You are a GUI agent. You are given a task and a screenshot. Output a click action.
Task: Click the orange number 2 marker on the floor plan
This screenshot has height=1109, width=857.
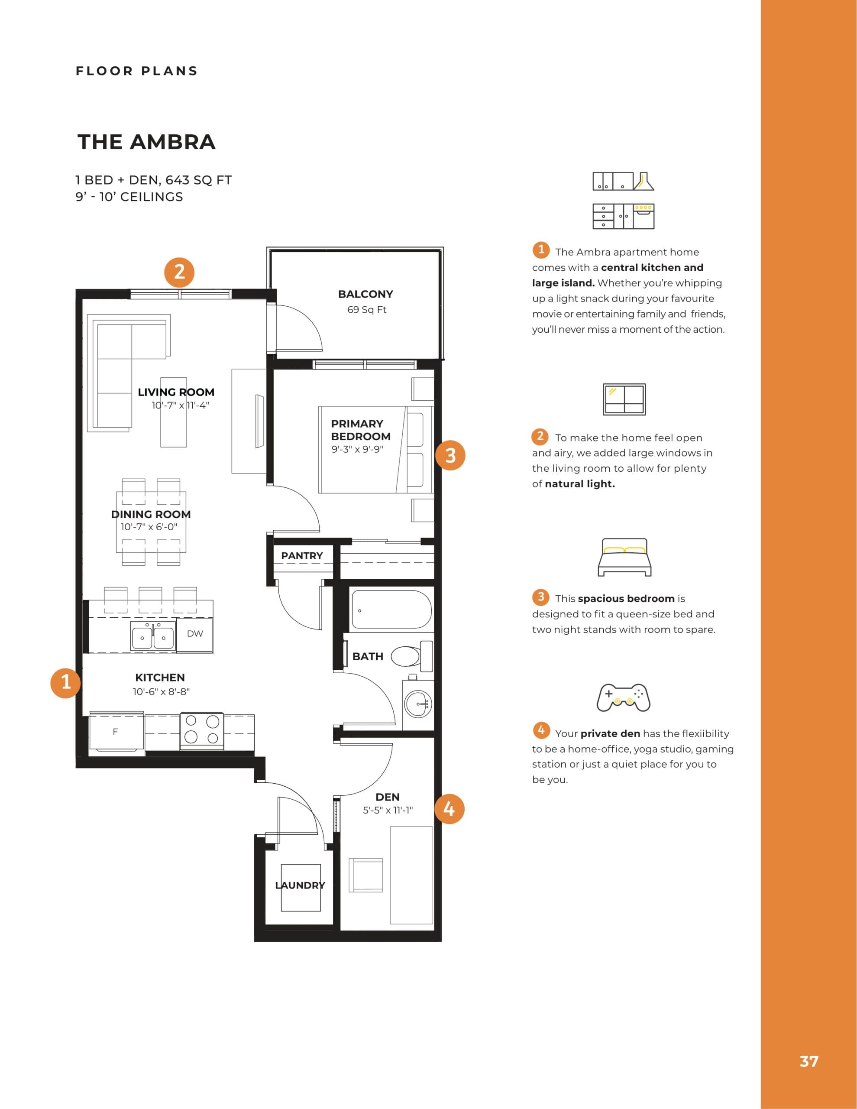pos(179,272)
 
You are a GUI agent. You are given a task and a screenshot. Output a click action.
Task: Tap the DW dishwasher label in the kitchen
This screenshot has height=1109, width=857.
pos(194,634)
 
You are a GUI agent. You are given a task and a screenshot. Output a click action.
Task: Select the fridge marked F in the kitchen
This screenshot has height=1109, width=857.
pos(116,732)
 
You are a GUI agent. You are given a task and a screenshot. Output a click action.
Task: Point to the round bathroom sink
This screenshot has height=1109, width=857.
pos(418,704)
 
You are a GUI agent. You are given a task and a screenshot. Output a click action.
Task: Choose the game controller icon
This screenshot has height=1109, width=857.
pos(624,697)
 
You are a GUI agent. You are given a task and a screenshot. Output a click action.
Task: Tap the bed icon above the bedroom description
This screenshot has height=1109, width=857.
pos(624,557)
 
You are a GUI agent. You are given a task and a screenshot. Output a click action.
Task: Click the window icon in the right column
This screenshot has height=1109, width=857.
pos(624,399)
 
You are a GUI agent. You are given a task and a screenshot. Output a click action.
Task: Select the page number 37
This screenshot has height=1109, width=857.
pos(809,1061)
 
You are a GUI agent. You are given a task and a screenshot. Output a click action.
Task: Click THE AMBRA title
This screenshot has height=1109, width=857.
pos(146,142)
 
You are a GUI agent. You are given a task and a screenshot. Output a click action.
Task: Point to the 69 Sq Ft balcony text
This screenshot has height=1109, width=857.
pos(366,310)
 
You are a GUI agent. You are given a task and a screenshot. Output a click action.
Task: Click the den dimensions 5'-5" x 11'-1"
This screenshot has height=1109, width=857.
pos(388,811)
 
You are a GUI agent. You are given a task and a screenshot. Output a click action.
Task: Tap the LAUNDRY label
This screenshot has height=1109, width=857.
pos(300,885)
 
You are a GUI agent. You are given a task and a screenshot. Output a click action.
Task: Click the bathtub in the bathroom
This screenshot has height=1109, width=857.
pos(391,610)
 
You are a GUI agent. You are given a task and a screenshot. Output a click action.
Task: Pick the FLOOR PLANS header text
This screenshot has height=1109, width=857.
pos(136,71)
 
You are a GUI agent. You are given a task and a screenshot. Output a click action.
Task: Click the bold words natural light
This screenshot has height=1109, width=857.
pos(579,484)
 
